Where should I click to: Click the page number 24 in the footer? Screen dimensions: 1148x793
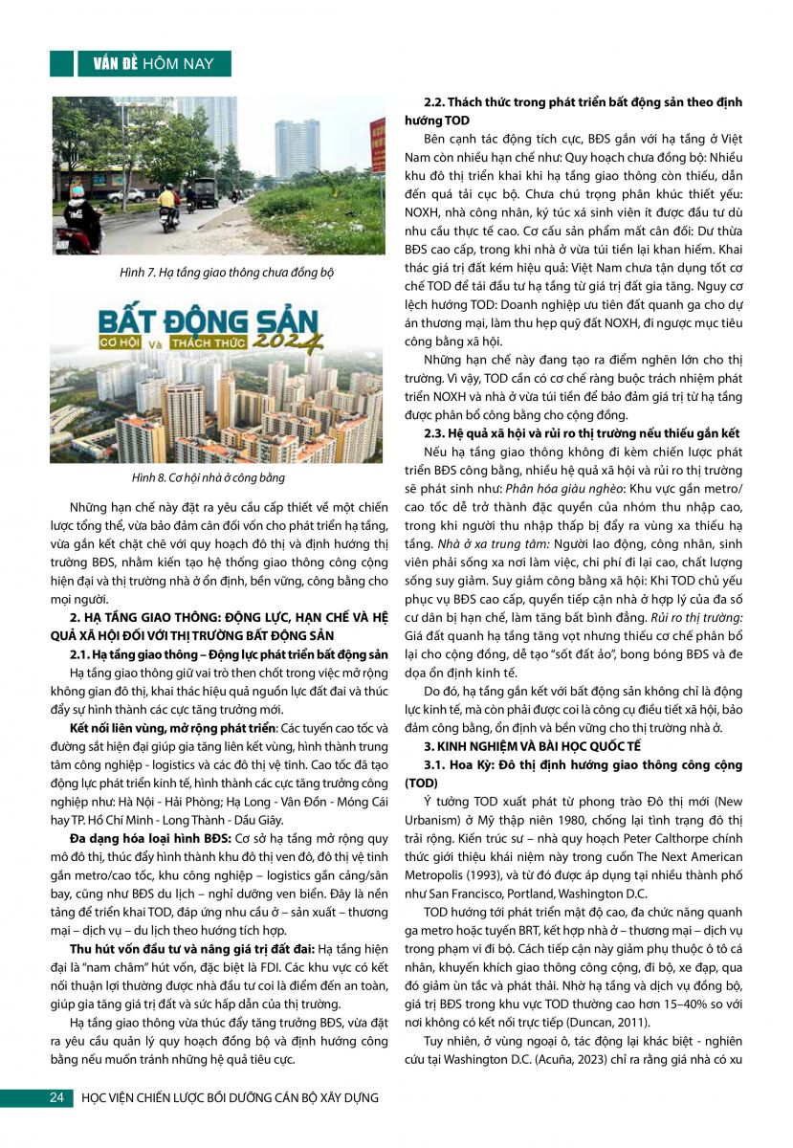click(55, 1097)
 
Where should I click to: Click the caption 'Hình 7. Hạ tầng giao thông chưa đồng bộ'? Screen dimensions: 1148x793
click(219, 273)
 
